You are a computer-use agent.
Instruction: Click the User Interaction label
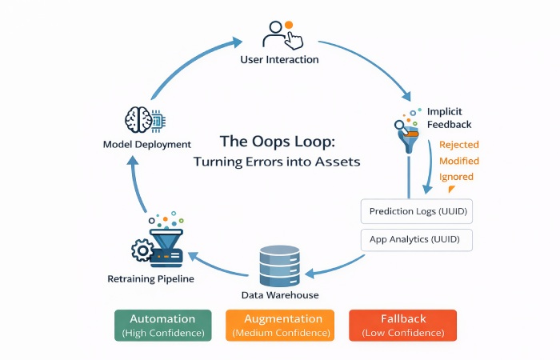(279, 59)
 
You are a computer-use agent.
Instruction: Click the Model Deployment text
(147, 145)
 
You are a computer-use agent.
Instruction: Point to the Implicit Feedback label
(449, 118)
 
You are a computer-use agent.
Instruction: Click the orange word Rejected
(459, 145)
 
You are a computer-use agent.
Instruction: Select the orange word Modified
(459, 161)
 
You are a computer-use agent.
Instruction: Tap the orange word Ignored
(456, 177)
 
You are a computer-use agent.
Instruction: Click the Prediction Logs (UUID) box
(416, 212)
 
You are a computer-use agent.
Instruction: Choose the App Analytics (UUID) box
(416, 239)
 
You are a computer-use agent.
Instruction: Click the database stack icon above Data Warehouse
(279, 265)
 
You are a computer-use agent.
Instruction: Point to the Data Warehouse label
(279, 295)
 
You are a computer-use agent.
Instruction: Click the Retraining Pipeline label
(150, 279)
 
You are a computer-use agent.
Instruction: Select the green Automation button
(162, 325)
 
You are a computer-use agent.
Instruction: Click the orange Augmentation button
(279, 325)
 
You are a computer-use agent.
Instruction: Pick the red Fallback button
(402, 325)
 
